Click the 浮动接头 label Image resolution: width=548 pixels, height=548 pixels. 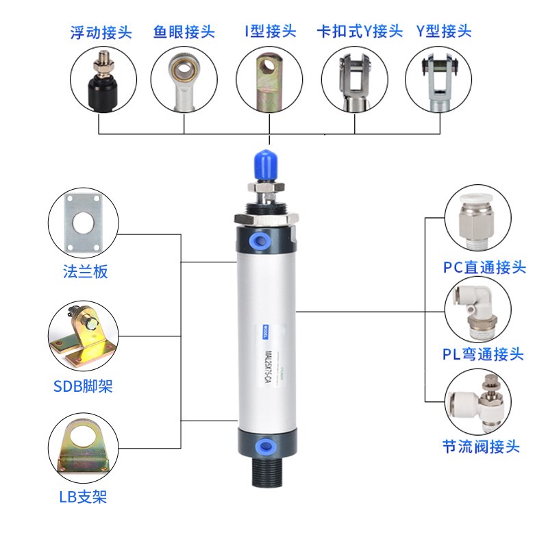[100, 32]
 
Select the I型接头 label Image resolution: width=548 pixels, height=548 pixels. [270, 31]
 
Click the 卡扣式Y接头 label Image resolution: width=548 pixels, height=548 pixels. [359, 32]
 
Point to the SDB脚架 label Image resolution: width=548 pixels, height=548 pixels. [83, 387]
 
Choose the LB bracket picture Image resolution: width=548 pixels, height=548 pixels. [82, 448]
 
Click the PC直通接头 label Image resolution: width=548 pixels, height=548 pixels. [485, 267]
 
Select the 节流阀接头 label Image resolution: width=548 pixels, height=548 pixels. [481, 447]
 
